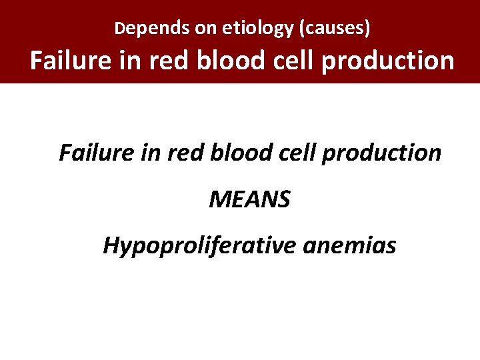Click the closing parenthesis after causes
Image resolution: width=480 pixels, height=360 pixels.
tap(367, 29)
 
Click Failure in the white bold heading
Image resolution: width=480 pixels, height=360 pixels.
tap(70, 61)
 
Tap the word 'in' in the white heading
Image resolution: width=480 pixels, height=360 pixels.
tap(127, 61)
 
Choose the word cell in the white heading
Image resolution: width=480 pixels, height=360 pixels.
tap(287, 61)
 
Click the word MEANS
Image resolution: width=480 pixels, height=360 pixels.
tap(249, 199)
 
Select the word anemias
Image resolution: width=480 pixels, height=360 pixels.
tap(349, 245)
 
